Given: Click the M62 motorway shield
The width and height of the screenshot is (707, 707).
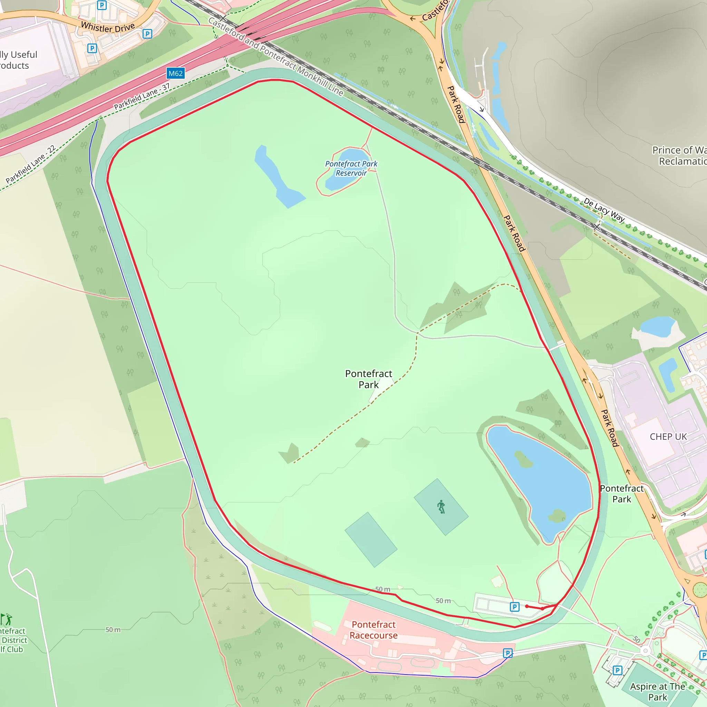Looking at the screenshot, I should pos(175,73).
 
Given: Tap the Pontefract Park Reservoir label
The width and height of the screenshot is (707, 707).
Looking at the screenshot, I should pos(351,168).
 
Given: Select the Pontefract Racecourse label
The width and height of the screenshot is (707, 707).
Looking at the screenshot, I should pos(373,630).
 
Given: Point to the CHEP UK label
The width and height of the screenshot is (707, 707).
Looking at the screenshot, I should pos(668,437).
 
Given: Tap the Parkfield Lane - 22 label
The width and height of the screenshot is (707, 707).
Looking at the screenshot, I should pos(30,164).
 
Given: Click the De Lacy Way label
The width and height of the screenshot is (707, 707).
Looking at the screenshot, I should pos(604,209).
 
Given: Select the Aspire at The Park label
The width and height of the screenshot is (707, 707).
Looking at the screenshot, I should pos(658,691).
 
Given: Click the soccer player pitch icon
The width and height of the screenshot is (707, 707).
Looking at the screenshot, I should pos(441,507).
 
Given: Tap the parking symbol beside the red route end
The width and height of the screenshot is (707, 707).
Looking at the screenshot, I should pos(514,607).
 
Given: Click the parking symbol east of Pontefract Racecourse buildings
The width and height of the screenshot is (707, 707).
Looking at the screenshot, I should pos(507,653).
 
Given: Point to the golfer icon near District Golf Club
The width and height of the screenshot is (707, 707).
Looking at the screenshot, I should pos(7,619).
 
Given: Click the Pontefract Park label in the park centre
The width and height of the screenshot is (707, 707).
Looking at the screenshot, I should pos(368,379).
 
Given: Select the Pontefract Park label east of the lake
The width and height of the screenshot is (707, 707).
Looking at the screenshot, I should pos(621,494).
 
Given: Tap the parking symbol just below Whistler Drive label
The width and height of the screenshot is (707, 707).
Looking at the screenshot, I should pos(147,34).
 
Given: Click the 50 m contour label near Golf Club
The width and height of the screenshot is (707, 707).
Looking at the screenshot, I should pos(113,630).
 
